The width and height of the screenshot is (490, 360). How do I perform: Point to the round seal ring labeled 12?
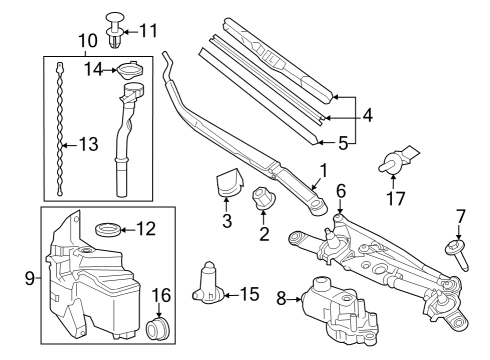click(x=108, y=231)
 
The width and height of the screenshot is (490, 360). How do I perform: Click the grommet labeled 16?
click(x=155, y=327)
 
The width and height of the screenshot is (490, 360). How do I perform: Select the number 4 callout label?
click(x=367, y=116)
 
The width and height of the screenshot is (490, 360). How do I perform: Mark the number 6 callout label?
click(x=341, y=189)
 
